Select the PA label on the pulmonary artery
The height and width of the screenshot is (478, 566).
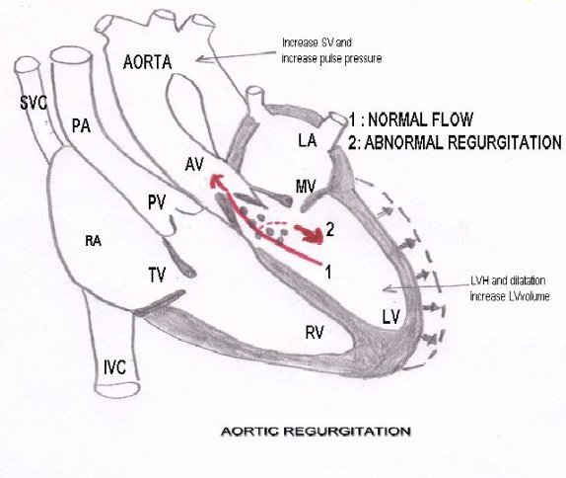click(84, 125)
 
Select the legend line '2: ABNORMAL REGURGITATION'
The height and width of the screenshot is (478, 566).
click(455, 141)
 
